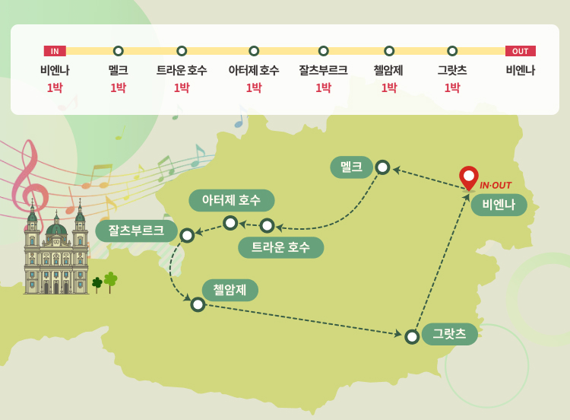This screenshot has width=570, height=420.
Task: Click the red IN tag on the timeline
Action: point(55,51)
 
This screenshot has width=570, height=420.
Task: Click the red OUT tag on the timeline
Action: point(521,51)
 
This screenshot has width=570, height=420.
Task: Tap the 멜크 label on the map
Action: point(351,167)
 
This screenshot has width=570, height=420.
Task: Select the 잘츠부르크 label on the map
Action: point(136,231)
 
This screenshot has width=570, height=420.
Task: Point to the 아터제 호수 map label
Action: point(231,200)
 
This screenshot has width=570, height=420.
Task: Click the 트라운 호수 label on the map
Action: point(280,247)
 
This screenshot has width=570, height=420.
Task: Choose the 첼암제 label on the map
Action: point(230,290)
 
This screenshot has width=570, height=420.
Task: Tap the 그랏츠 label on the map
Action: point(449,334)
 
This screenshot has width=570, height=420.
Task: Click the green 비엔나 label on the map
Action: point(499,205)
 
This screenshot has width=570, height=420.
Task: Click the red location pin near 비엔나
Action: point(469,177)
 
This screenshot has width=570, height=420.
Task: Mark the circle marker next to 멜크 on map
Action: point(382,167)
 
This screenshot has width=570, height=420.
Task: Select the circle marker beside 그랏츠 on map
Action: point(412,336)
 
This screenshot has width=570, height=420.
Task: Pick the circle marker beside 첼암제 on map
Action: point(198,304)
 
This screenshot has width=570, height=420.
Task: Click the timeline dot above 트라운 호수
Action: point(182,51)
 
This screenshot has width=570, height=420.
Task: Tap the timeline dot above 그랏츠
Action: point(452,51)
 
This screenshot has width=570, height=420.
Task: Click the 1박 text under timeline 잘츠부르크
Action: point(323,87)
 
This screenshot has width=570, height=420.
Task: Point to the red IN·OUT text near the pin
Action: point(496,186)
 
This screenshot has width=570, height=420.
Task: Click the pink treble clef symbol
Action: point(29,175)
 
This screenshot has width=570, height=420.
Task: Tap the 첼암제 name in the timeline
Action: point(388,70)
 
